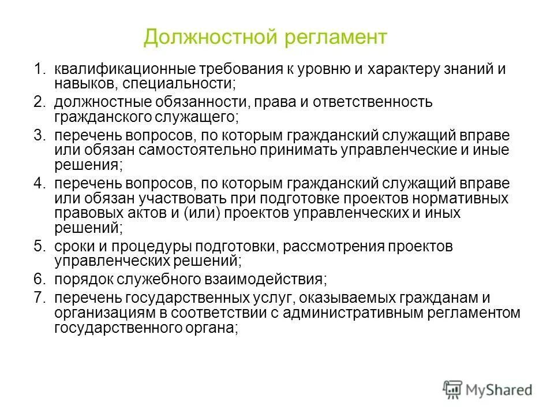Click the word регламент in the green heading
(335, 38)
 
